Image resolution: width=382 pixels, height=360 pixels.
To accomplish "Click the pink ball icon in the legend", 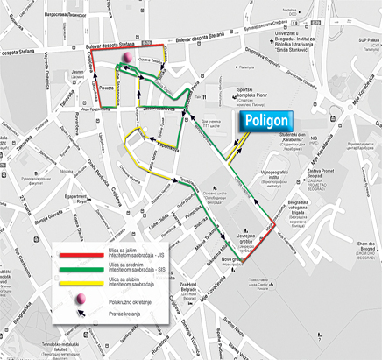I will (x=81, y=300).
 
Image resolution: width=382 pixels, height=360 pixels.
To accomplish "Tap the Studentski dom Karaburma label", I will (x=305, y=139).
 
